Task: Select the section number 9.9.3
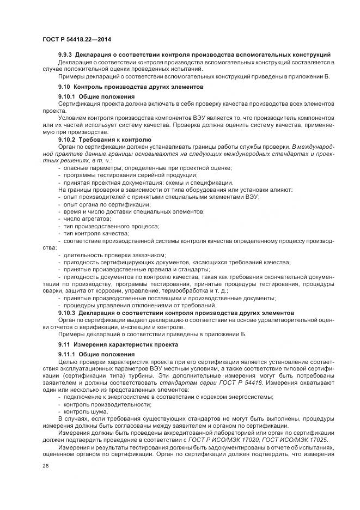tap(65, 55)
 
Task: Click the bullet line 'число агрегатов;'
tap(83, 218)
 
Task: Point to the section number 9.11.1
tap(67, 355)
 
